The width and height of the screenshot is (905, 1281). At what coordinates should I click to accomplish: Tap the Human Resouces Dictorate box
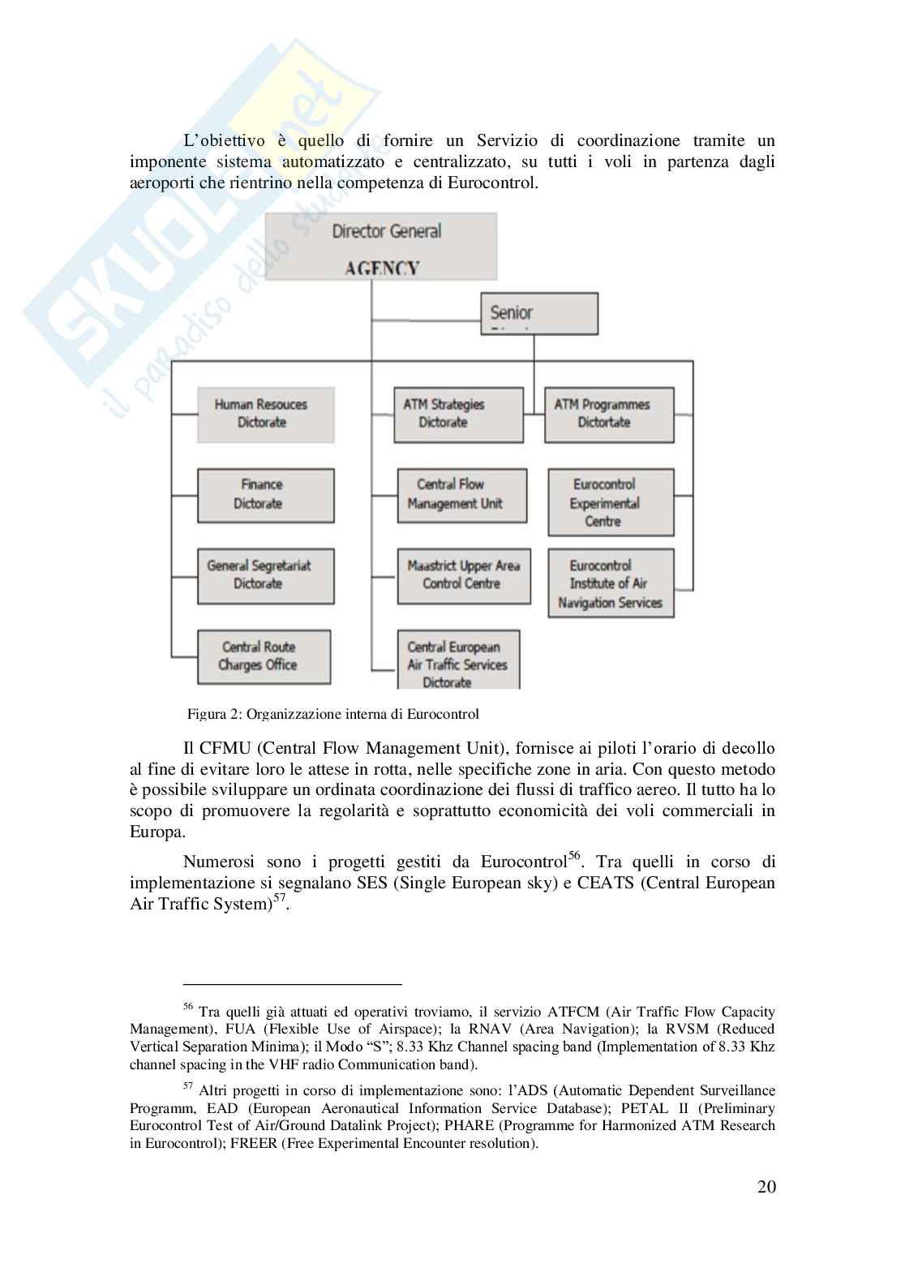click(x=265, y=414)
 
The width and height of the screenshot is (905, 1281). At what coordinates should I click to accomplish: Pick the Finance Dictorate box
click(x=265, y=494)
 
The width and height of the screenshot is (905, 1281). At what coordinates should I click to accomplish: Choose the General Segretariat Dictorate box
click(x=265, y=575)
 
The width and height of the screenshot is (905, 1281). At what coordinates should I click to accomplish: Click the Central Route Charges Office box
click(x=264, y=656)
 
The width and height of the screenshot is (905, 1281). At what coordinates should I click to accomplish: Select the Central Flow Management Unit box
click(x=461, y=494)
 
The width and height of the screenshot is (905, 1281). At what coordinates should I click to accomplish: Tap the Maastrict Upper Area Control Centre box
click(x=463, y=575)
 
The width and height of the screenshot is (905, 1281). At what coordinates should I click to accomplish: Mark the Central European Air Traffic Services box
click(x=457, y=660)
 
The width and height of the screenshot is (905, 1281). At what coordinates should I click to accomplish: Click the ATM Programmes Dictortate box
click(x=608, y=414)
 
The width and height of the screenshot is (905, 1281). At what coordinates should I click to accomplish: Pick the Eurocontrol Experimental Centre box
click(x=610, y=502)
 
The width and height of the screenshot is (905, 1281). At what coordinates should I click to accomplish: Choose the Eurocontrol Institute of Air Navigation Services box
click(x=610, y=583)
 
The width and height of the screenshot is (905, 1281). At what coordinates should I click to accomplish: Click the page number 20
click(x=766, y=1187)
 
